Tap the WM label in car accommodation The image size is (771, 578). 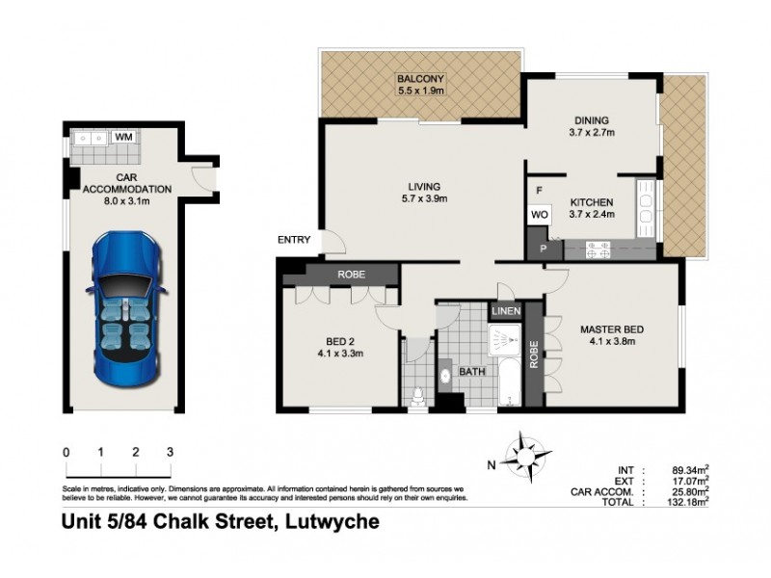[123, 138]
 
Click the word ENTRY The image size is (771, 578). [293, 241]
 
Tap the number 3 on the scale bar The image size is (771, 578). [170, 451]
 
